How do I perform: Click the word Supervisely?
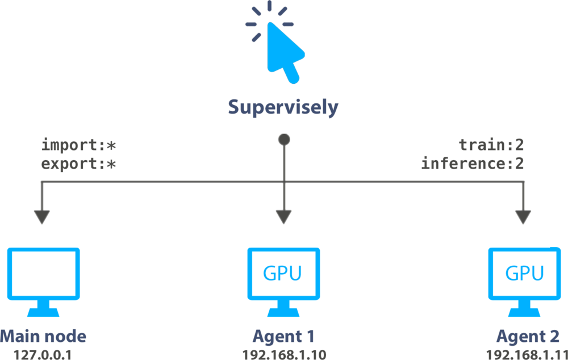[283, 107]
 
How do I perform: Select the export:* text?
[79, 165]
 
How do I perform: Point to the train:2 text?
[491, 145]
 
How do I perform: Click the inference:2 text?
[472, 165]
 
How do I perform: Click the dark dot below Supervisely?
[284, 139]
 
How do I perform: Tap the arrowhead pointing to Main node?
[42, 217]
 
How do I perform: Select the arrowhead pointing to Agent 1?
[284, 217]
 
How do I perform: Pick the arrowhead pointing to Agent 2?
[523, 217]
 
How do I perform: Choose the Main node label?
[43, 336]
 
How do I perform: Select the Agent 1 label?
[284, 336]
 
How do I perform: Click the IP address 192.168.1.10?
[284, 354]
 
